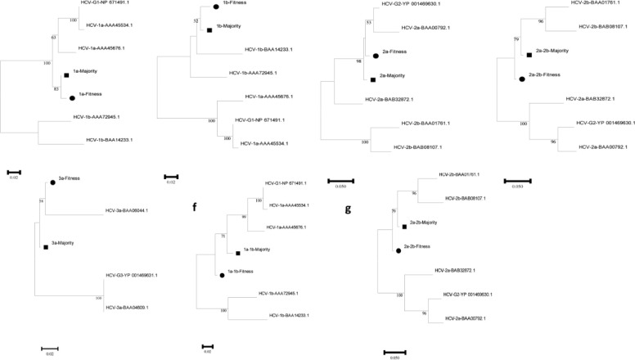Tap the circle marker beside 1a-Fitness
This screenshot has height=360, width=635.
click(73, 97)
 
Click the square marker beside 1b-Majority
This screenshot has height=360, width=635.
click(210, 30)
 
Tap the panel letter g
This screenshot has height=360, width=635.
click(349, 209)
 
